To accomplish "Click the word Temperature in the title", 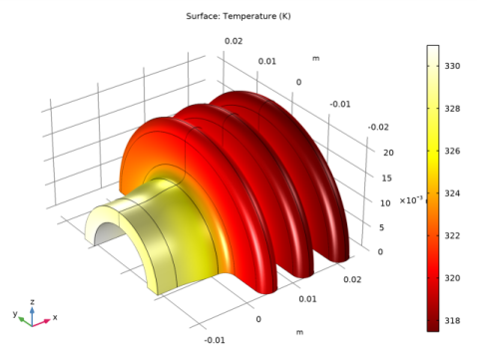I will point(242,16).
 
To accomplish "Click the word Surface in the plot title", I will point(203,16).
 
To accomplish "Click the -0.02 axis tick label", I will point(376,127).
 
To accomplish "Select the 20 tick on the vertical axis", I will point(388,153).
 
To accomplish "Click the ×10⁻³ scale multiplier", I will point(410,200).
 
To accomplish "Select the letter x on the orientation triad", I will point(55,317).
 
